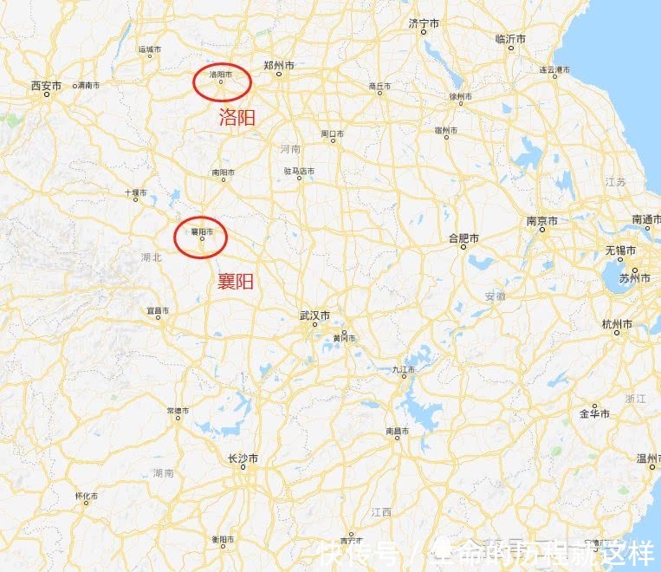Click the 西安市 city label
pyautogui.click(x=46, y=86)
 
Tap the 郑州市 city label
pyautogui.click(x=279, y=66)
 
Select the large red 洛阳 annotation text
pyautogui.click(x=237, y=118)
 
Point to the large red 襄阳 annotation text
pyautogui.click(x=236, y=281)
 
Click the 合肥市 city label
pyautogui.click(x=463, y=237)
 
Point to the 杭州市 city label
pyautogui.click(x=616, y=324)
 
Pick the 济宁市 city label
pyautogui.click(x=424, y=23)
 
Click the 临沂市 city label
pyautogui.click(x=511, y=39)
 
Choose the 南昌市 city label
pyautogui.click(x=398, y=431)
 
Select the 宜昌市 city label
pyautogui.click(x=159, y=309)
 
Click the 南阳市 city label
pyautogui.click(x=224, y=172)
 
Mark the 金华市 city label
pyautogui.click(x=595, y=413)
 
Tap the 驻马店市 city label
pyautogui.click(x=299, y=172)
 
